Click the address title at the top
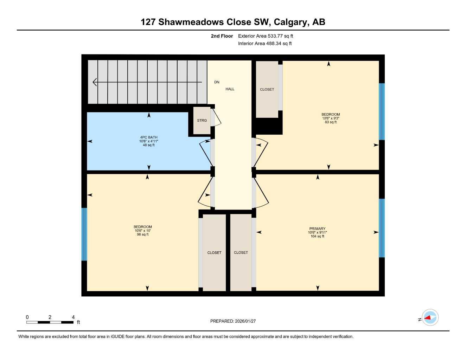(x=233, y=22)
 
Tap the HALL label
(x=230, y=89)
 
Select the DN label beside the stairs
(x=217, y=82)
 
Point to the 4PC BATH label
(x=149, y=137)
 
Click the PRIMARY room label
(x=317, y=229)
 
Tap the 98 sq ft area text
(x=143, y=234)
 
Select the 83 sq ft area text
(x=331, y=122)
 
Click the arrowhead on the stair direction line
(x=95, y=82)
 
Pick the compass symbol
(x=430, y=317)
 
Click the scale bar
(x=50, y=322)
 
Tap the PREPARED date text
(x=233, y=321)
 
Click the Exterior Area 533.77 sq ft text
(x=266, y=36)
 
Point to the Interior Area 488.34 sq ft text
(x=265, y=44)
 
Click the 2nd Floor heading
(x=222, y=36)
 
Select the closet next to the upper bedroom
(x=267, y=89)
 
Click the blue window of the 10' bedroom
(x=84, y=234)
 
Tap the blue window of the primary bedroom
(x=382, y=228)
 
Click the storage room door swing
(x=216, y=117)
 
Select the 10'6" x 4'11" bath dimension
(x=149, y=141)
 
